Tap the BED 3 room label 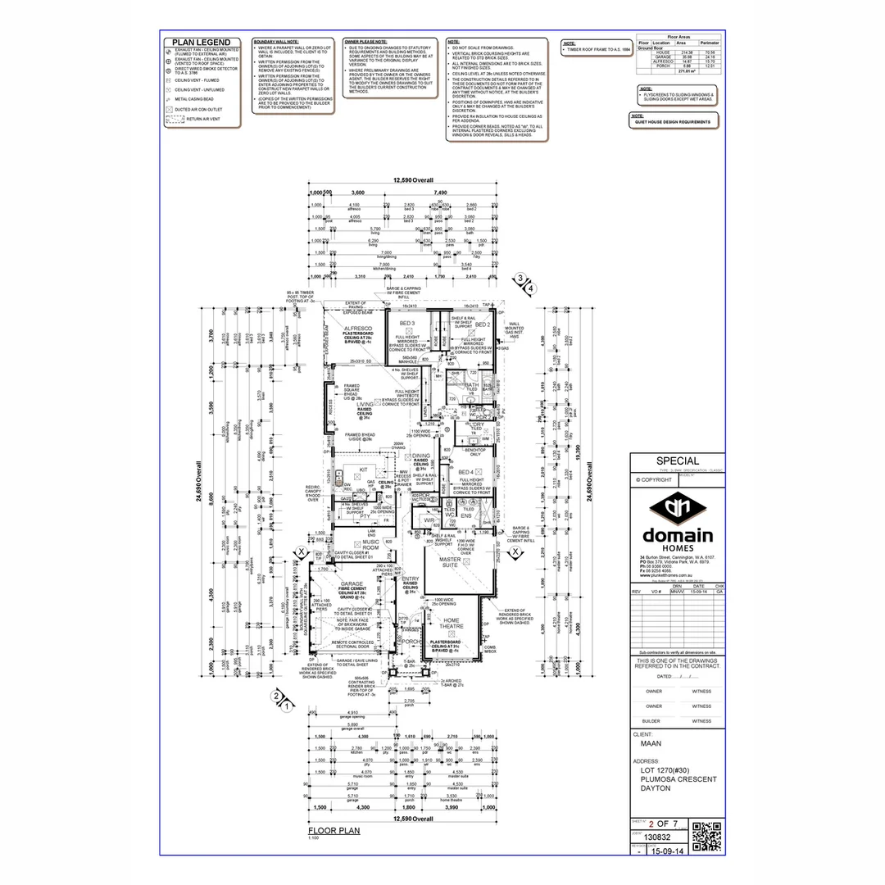click(407, 324)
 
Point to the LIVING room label click(365, 404)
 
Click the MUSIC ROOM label click(370, 544)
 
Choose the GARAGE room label click(352, 584)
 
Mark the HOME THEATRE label click(452, 624)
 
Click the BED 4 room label click(466, 472)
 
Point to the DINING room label click(420, 456)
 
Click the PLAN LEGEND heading click(201, 43)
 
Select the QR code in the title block click(706, 836)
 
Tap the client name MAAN click(651, 745)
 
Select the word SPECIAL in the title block click(678, 461)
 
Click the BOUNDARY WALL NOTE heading click(276, 41)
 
